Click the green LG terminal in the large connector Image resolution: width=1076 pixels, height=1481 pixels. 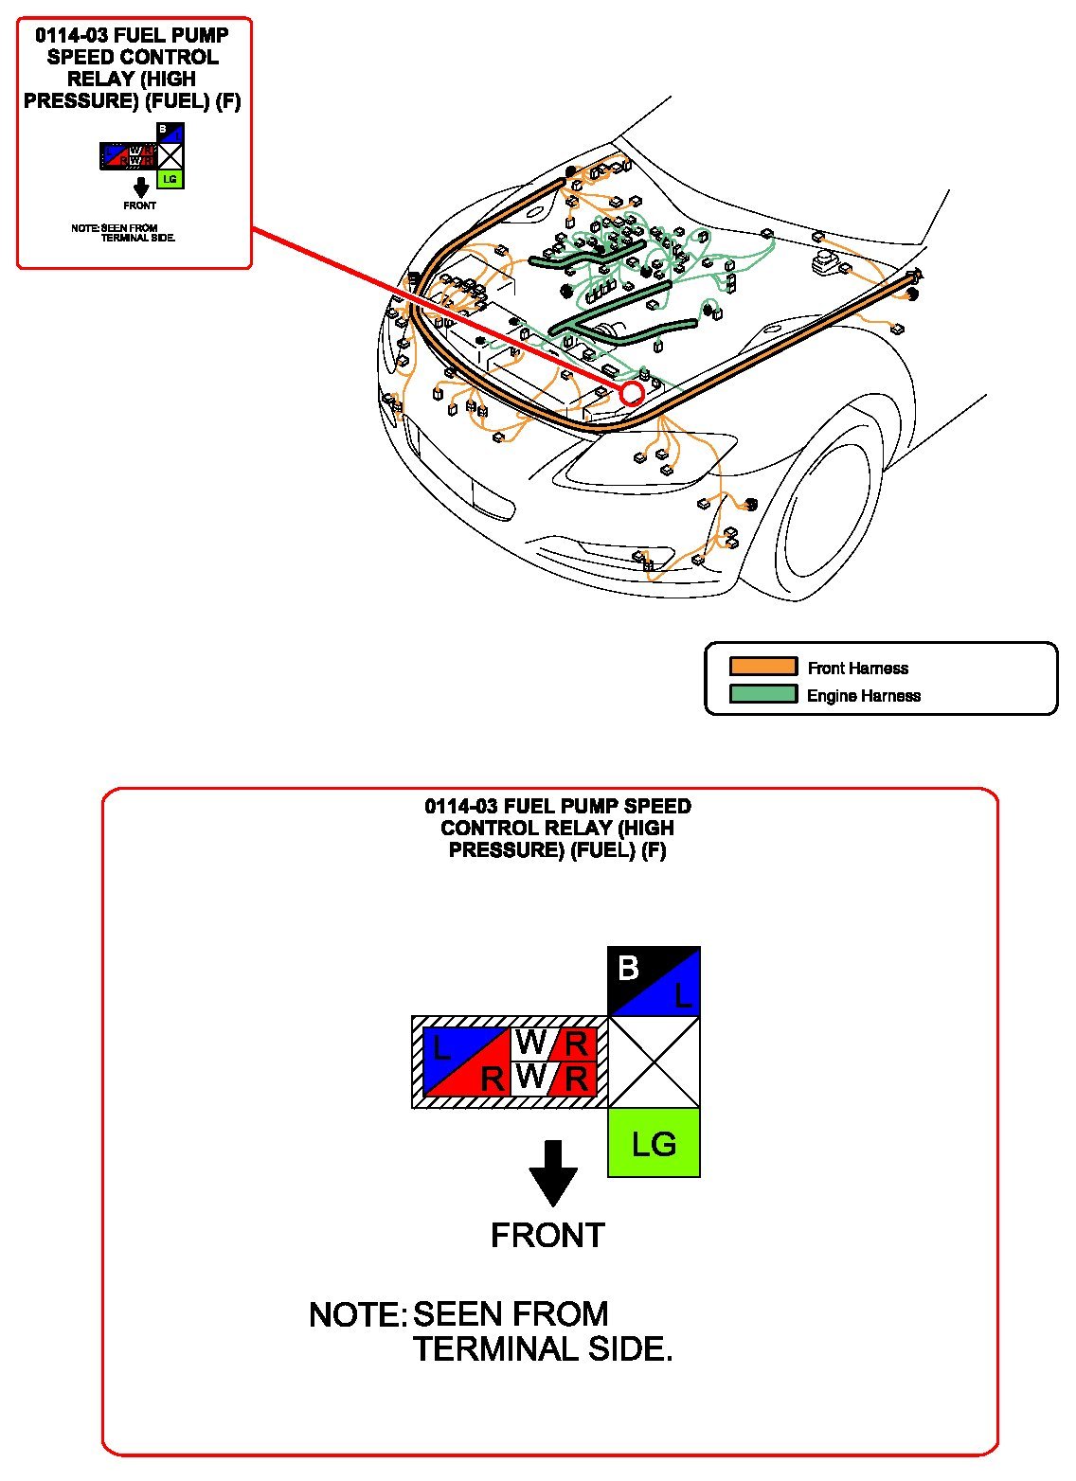654,1143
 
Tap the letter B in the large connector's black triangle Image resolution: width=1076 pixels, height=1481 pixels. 628,968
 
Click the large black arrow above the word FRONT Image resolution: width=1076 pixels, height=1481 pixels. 553,1172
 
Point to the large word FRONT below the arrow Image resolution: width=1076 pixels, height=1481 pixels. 547,1236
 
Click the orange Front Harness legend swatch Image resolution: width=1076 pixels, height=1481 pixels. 762,667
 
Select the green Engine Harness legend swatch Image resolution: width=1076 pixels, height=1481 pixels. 762,694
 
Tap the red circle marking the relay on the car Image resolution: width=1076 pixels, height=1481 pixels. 632,393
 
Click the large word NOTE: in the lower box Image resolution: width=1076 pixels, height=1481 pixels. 357,1315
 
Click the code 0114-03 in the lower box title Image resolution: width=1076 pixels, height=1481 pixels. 461,807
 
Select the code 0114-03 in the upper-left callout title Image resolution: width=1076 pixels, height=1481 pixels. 71,36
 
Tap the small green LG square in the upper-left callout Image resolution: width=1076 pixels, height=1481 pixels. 170,178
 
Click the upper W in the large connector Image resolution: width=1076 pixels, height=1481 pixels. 530,1043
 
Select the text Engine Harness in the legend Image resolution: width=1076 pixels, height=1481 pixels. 863,696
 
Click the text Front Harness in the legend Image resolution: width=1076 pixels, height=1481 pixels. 857,669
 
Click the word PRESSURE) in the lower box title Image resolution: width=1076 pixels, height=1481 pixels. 506,850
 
